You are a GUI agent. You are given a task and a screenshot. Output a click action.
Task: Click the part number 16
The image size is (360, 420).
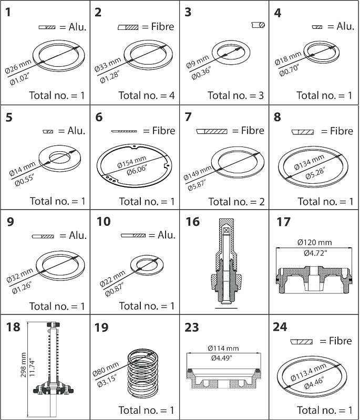pyautogui.click(x=193, y=222)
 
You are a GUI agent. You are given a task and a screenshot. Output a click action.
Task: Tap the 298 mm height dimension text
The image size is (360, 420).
pyautogui.click(x=23, y=365)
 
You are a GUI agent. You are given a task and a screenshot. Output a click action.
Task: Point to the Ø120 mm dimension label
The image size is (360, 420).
pyautogui.click(x=314, y=243)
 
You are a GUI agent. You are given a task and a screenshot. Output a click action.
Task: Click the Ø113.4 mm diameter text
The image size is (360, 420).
pyautogui.click(x=308, y=372)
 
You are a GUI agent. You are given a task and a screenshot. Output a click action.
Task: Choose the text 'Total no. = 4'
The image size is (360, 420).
pyautogui.click(x=147, y=96)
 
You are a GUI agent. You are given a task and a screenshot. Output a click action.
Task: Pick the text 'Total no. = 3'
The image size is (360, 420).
pyautogui.click(x=236, y=96)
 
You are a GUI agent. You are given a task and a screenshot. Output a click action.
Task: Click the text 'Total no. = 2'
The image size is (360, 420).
pyautogui.click(x=236, y=202)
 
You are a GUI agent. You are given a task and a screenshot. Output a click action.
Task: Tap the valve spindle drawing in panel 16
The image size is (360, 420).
pyautogui.click(x=226, y=262)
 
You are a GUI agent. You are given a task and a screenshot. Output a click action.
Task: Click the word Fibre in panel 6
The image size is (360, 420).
pyautogui.click(x=164, y=131)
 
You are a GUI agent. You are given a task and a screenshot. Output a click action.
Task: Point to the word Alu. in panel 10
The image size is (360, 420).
pyautogui.click(x=167, y=235)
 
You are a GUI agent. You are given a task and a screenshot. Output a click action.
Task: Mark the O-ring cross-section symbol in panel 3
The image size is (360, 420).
pyautogui.click(x=259, y=25)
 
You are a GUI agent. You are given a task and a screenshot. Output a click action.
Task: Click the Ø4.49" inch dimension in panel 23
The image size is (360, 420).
pyautogui.click(x=221, y=358)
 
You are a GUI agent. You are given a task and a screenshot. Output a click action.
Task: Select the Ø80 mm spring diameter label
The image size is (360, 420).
pyautogui.click(x=106, y=369)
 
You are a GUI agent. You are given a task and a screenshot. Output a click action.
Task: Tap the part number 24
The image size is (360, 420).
pyautogui.click(x=280, y=327)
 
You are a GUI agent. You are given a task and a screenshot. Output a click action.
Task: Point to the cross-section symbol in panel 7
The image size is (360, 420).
pyautogui.click(x=212, y=131)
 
